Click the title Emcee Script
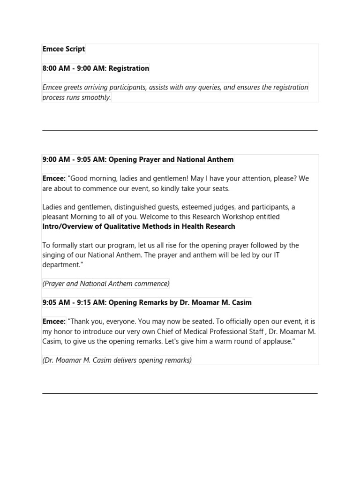(x=64, y=49)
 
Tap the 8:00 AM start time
(x=56, y=68)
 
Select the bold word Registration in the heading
(x=129, y=68)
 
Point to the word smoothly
(x=96, y=97)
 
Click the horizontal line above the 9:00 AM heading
(x=180, y=130)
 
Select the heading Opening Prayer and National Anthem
(x=171, y=160)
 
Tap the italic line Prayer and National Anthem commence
(x=106, y=284)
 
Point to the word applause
(x=277, y=341)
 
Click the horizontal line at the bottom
(x=180, y=393)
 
